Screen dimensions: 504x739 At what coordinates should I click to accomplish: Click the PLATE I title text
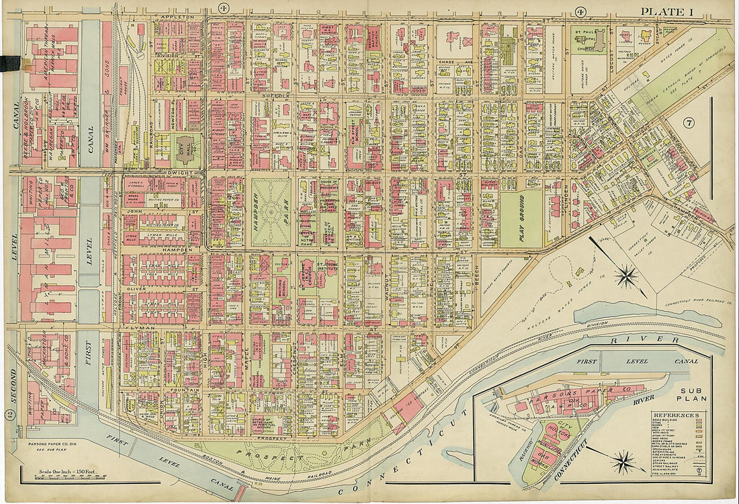[x=666, y=11]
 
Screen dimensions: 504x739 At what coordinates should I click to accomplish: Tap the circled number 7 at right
[x=689, y=123]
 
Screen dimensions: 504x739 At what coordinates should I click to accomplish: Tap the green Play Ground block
[x=521, y=218]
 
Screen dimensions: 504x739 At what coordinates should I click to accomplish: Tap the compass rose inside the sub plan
[x=624, y=462]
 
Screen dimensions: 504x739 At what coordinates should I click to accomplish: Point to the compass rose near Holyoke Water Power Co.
[x=626, y=275]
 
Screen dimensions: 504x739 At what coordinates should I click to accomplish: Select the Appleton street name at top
[x=177, y=15]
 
